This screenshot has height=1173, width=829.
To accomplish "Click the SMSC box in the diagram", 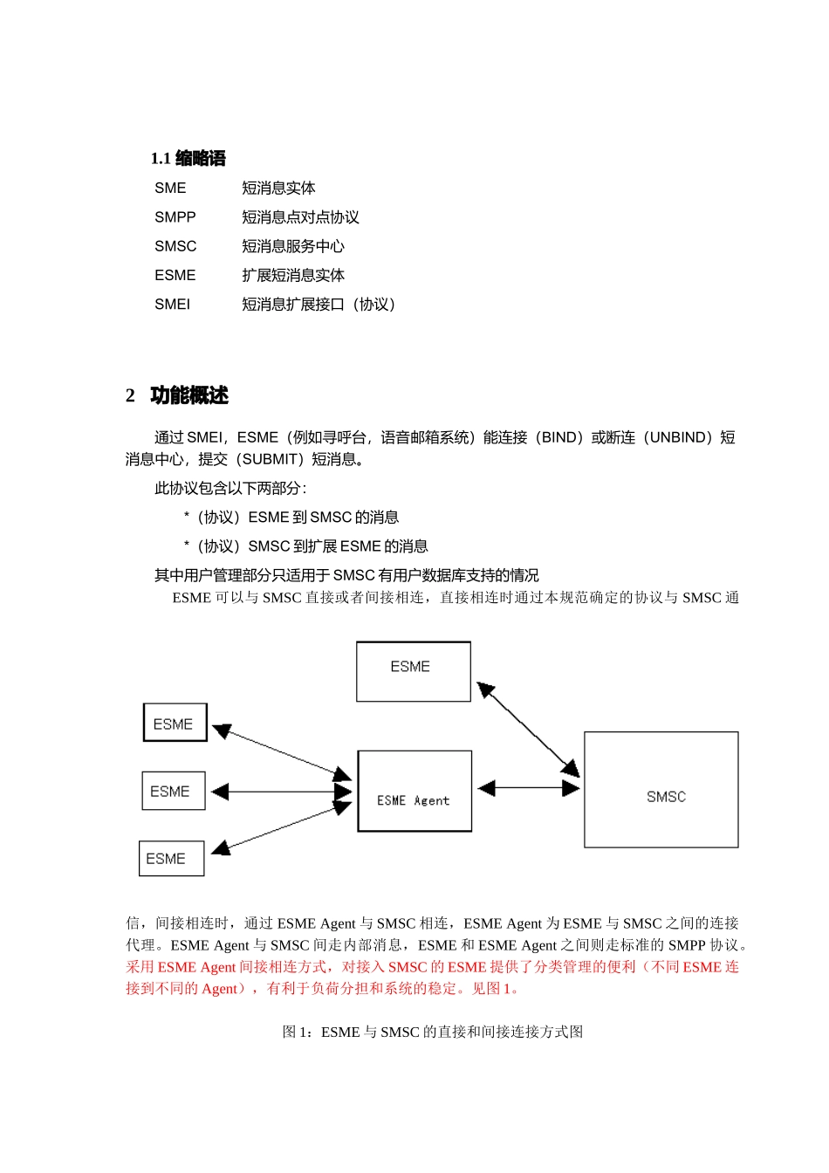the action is [x=661, y=789].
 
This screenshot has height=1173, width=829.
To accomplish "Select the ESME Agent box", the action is [x=414, y=791].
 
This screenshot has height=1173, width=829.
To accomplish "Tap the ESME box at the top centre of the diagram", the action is [x=413, y=671].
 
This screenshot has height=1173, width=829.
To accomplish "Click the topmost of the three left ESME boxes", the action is [x=175, y=723].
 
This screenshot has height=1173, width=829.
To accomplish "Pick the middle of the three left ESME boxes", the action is [x=173, y=791].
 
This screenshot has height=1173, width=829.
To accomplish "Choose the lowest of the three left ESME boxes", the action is [x=171, y=858].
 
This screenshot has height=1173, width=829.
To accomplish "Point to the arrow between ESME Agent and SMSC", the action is [x=529, y=788].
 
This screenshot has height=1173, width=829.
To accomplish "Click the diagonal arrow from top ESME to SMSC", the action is [x=529, y=731].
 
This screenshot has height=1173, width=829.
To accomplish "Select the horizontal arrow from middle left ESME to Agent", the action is [x=281, y=792].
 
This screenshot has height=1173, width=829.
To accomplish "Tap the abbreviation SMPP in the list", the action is [x=175, y=217].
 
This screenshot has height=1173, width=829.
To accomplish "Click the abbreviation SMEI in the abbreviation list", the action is [x=172, y=305].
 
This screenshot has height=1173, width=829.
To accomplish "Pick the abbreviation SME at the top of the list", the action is [x=170, y=189].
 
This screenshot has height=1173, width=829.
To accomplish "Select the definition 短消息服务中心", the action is [x=293, y=246].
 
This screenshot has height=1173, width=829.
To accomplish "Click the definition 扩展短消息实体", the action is [x=293, y=276].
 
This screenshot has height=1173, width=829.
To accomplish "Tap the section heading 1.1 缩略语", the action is [x=188, y=159].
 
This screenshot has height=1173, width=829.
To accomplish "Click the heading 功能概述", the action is [x=188, y=395].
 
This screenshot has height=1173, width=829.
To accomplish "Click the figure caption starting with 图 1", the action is [x=433, y=1032].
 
